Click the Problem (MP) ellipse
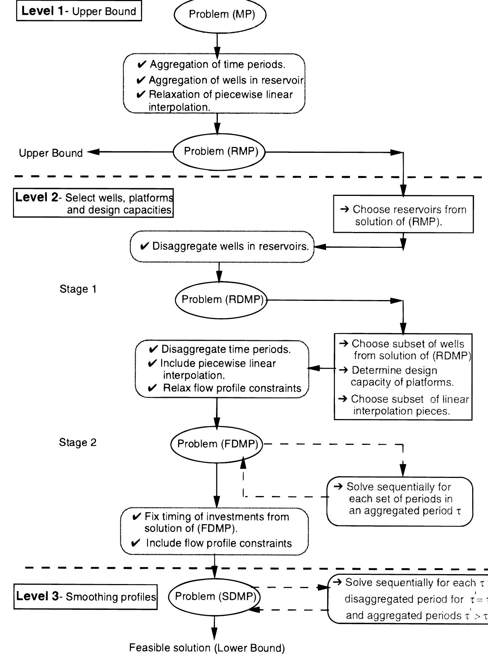click(x=220, y=15)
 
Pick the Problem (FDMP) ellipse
click(x=217, y=444)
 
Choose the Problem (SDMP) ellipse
click(x=215, y=596)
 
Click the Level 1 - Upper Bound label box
click(x=79, y=11)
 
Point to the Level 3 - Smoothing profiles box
click(x=85, y=597)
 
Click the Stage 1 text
click(x=78, y=289)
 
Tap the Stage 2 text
click(x=77, y=442)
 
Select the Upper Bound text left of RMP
click(x=51, y=153)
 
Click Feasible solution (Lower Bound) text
click(x=207, y=648)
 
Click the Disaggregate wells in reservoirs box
click(x=222, y=246)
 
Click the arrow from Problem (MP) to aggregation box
click(x=217, y=43)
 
